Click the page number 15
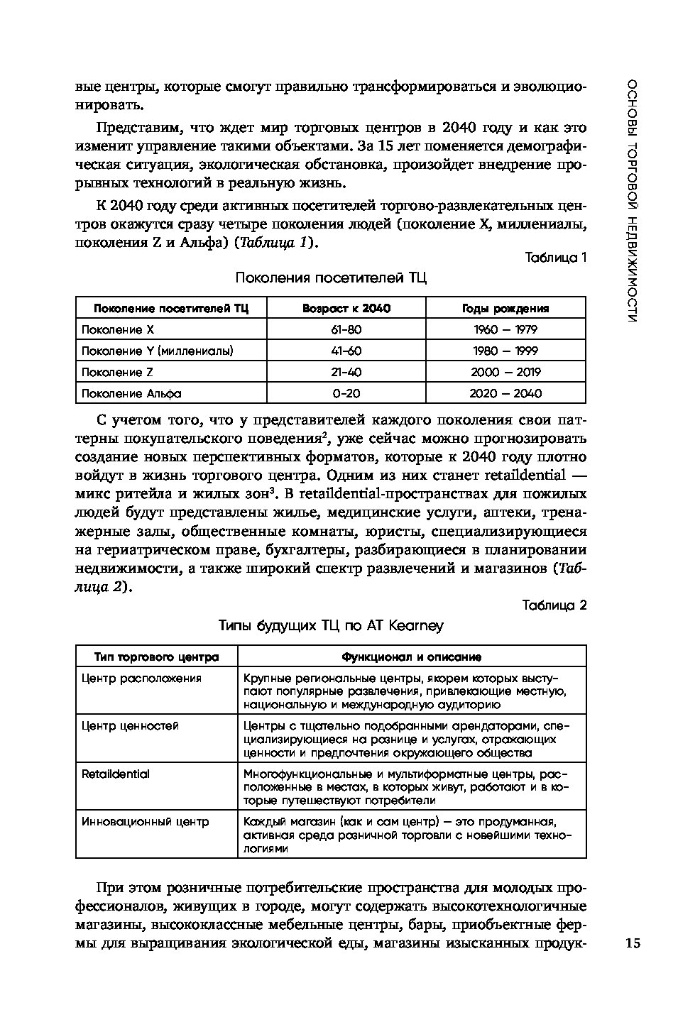coord(633,943)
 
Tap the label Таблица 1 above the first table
coord(555,258)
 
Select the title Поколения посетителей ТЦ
coord(331,278)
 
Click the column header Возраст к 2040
coord(346,308)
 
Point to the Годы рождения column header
coord(505,308)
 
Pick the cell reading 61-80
coord(346,329)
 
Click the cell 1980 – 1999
coord(505,351)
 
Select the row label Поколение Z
coord(118,372)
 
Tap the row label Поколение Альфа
coord(131,393)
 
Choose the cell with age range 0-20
coord(346,393)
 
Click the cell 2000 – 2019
coord(505,372)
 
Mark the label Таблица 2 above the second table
coord(554,605)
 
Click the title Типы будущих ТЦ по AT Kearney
coord(331,625)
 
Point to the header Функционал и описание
coord(412,657)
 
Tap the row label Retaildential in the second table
coord(116,774)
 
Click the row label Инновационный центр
coord(145,821)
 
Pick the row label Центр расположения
coord(141,679)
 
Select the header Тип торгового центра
coord(156,657)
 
